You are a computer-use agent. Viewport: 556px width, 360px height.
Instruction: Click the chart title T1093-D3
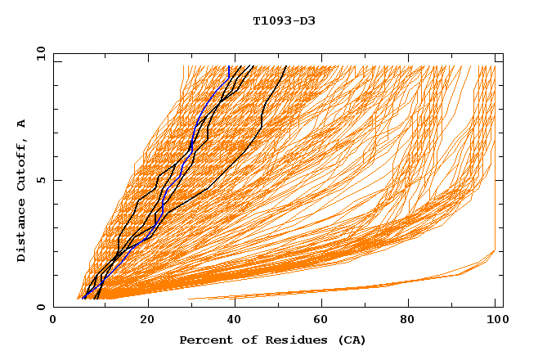point(284,20)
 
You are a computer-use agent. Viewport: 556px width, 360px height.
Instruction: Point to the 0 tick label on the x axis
point(53,322)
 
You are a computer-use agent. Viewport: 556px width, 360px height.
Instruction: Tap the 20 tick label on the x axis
point(148,322)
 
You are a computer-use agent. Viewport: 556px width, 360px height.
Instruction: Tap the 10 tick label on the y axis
point(39,54)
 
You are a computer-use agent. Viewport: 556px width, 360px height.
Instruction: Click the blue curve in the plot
point(163,205)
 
